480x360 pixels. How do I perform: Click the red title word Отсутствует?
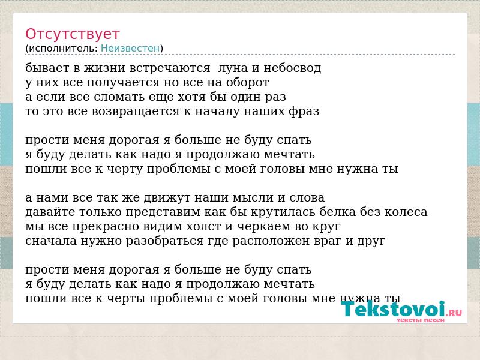point(72,34)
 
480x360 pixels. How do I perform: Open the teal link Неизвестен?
point(130,49)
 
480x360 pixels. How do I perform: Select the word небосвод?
point(292,68)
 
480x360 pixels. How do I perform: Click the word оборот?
point(248,82)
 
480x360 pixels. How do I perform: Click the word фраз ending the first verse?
point(304,112)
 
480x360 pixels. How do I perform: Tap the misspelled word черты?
point(126,299)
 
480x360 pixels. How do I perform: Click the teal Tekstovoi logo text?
point(393,309)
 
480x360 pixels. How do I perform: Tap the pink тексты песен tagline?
point(421,320)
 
